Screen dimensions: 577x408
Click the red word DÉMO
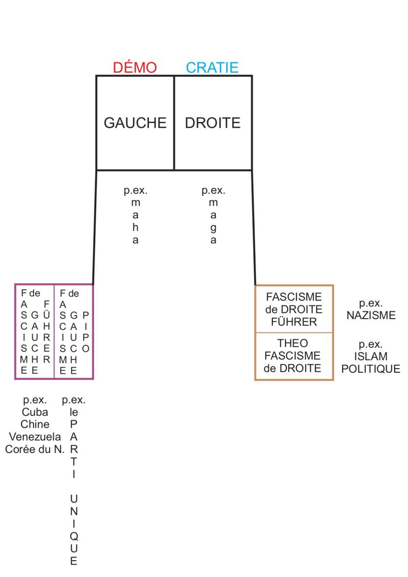pyautogui.click(x=135, y=67)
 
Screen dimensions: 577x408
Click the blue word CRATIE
pyautogui.click(x=212, y=67)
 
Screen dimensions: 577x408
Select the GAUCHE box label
pyautogui.click(x=135, y=123)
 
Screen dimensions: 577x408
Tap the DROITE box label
pyautogui.click(x=213, y=123)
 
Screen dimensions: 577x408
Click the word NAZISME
pyautogui.click(x=371, y=316)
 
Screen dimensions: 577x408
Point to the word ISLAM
pyautogui.click(x=371, y=356)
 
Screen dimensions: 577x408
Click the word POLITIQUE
pyautogui.click(x=371, y=369)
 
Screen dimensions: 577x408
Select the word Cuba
pyautogui.click(x=35, y=412)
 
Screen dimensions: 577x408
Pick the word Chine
pyautogui.click(x=35, y=424)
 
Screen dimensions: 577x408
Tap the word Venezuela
pyautogui.click(x=35, y=437)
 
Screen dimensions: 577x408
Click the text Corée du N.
pyautogui.click(x=35, y=449)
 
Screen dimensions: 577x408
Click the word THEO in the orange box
pyautogui.click(x=294, y=343)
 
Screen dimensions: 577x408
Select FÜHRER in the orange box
pyautogui.click(x=294, y=322)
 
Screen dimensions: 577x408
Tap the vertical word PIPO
pyautogui.click(x=86, y=332)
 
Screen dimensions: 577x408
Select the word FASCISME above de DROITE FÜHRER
pyautogui.click(x=294, y=297)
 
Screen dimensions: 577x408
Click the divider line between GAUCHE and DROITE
pyautogui.click(x=174, y=123)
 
